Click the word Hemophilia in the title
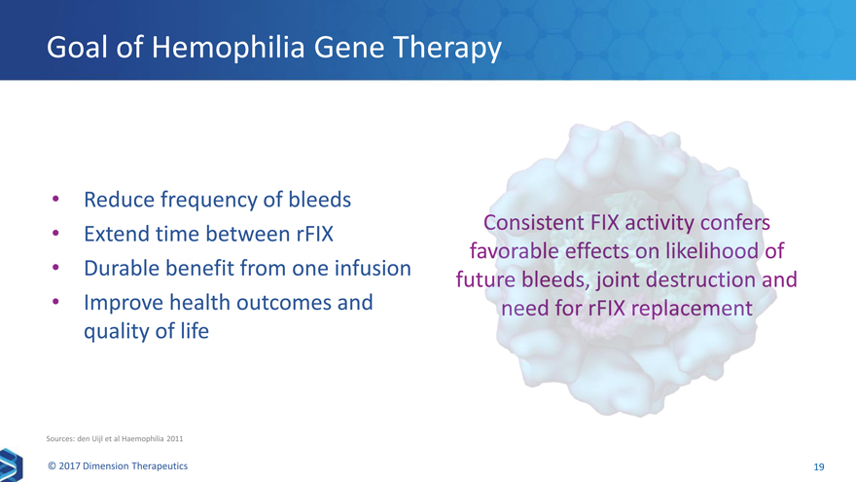(228, 48)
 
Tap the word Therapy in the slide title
(447, 48)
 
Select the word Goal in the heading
(77, 47)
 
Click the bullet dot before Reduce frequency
(55, 199)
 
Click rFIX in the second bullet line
(315, 234)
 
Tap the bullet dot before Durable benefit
(55, 268)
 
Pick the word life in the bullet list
(195, 331)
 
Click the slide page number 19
(819, 466)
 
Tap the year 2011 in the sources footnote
(175, 438)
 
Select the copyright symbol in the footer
(52, 466)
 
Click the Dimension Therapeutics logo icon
(11, 465)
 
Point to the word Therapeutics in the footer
(159, 466)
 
